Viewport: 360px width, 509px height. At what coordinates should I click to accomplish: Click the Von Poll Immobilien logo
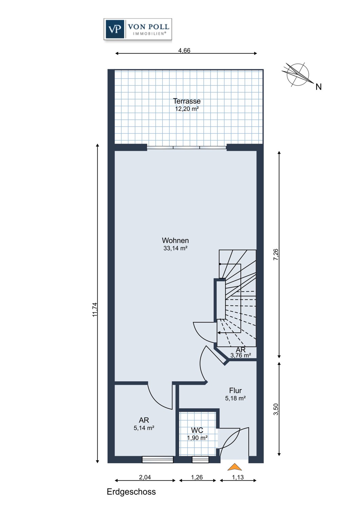point(138,30)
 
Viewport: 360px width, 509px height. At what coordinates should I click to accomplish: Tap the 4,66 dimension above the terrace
point(184,51)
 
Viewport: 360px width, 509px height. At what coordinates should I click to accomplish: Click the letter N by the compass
point(318,87)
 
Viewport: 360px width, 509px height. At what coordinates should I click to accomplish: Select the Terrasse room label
point(187,101)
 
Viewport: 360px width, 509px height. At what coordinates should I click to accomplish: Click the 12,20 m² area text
point(187,109)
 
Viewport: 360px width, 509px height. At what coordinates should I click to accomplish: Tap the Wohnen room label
point(175,241)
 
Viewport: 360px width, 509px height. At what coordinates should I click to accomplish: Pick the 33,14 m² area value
point(175,248)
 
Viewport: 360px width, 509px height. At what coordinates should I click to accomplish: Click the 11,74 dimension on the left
point(95,309)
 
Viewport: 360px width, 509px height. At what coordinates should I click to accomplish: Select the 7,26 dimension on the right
point(276,254)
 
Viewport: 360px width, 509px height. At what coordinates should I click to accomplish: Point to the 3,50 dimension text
point(276,409)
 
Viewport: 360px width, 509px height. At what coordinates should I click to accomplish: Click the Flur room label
point(235,391)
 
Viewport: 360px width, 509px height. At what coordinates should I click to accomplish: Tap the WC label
point(197,431)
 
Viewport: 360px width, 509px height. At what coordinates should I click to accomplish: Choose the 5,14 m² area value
point(144,428)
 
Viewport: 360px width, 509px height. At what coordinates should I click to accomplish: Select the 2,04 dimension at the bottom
point(145,477)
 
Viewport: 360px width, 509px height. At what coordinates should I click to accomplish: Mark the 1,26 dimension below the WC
point(197,477)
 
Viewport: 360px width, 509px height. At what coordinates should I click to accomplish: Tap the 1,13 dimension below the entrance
point(238,477)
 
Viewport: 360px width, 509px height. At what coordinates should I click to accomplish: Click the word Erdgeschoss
point(131,492)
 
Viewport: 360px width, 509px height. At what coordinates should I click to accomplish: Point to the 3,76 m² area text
point(240,356)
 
